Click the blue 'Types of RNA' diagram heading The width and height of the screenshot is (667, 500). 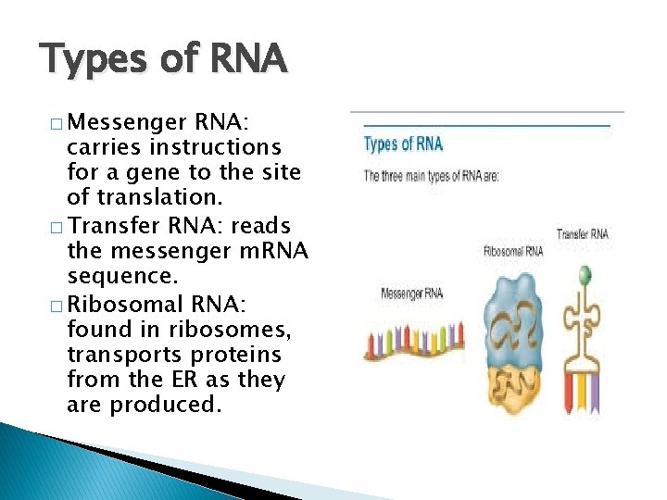click(x=403, y=144)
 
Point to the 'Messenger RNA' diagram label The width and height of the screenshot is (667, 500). click(x=411, y=294)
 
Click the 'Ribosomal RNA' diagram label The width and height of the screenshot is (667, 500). click(x=513, y=251)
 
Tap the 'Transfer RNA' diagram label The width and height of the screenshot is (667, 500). click(x=583, y=234)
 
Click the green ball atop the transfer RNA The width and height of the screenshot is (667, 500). click(x=584, y=274)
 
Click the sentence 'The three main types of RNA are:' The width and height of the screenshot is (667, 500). click(x=431, y=175)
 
